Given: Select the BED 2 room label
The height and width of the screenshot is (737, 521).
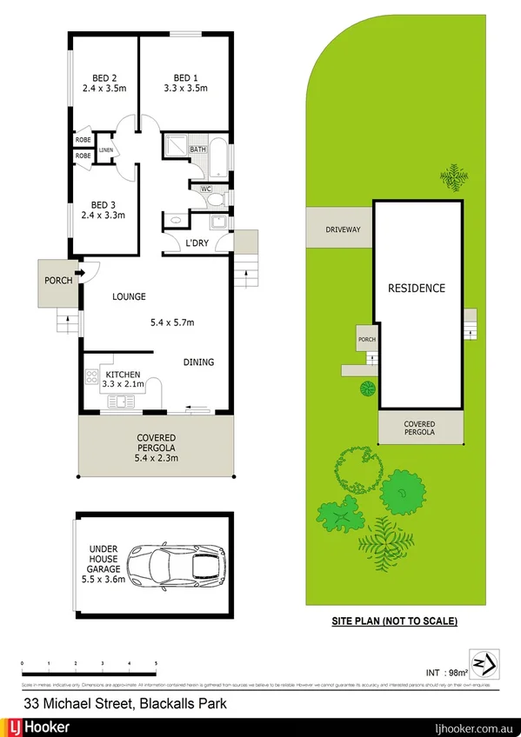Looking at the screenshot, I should tap(104, 76).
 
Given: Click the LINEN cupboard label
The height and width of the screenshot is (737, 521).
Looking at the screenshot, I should tap(106, 150).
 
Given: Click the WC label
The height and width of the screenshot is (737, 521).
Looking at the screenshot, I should tap(206, 188).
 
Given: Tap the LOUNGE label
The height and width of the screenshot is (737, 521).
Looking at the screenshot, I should tap(129, 296).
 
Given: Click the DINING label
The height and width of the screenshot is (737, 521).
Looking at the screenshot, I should tap(198, 362).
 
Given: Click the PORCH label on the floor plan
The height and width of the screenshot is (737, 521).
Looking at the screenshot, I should tap(58, 282).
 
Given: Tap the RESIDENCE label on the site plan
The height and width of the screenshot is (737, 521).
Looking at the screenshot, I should tap(416, 288).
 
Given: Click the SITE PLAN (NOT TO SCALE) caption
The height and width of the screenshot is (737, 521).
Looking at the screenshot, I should tap(394, 621).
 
